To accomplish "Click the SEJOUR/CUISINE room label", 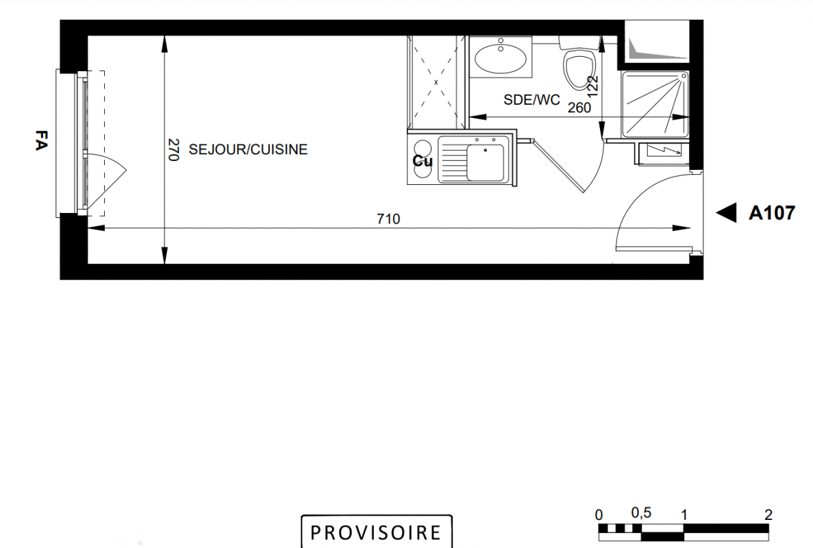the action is click(x=248, y=149).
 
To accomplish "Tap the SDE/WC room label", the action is click(x=531, y=99).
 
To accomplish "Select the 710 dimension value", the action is click(x=388, y=219).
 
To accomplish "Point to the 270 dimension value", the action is click(x=173, y=150).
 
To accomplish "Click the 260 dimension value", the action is click(x=579, y=108).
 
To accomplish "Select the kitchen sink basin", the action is click(x=486, y=162).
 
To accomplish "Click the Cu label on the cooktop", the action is click(x=423, y=161).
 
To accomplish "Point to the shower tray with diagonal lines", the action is click(x=655, y=104).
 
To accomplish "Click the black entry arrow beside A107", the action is click(x=727, y=212).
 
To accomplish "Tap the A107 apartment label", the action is click(x=771, y=212).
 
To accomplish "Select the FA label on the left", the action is click(x=40, y=140).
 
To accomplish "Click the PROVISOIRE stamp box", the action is click(x=377, y=532).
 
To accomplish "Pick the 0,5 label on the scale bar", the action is click(x=641, y=513).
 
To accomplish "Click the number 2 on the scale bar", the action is click(x=768, y=515).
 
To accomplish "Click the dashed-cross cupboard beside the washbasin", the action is click(x=436, y=82).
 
